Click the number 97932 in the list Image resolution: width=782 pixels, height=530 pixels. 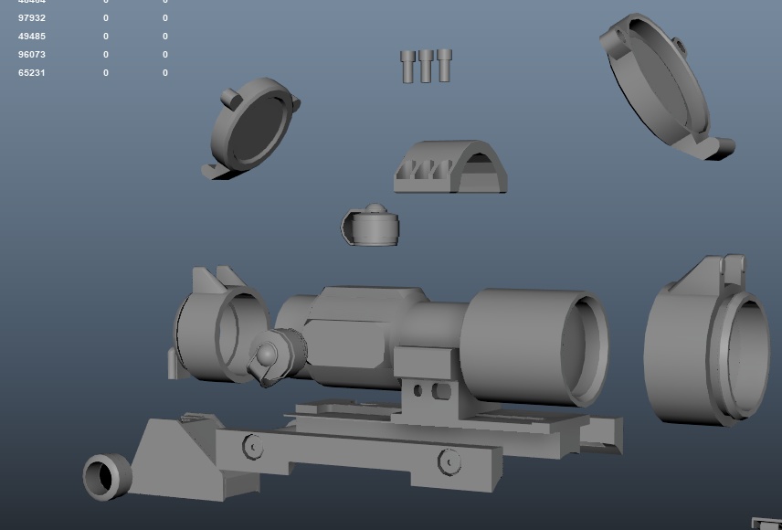coord(32,18)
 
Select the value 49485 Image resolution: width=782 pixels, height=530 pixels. coord(32,37)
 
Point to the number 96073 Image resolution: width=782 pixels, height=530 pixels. coord(32,55)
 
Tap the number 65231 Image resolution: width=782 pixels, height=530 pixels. coord(32,72)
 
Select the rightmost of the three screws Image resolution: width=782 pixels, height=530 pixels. coord(444,65)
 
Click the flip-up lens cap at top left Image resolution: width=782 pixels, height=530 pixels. coord(252,128)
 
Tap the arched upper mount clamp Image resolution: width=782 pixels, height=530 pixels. coord(450,167)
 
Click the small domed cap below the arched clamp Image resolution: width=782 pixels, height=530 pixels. coord(371,226)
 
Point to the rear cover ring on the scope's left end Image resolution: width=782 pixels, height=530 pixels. coord(217,328)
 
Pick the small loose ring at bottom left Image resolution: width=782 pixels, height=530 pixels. coord(107,476)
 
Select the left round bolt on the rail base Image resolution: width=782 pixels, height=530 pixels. coord(253,447)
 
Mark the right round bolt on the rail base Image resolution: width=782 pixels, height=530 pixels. coord(449,462)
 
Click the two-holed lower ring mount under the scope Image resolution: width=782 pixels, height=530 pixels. coord(428,387)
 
